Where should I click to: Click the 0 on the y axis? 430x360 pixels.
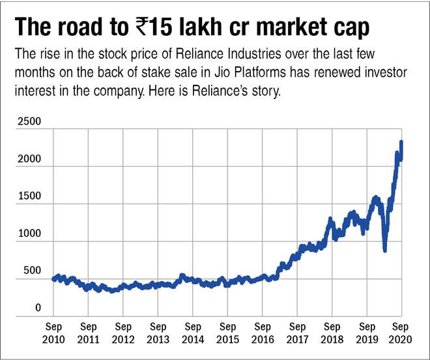(x=38, y=308)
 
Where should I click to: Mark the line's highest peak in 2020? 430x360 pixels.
(x=401, y=142)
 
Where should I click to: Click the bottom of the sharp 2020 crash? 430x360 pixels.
(x=385, y=250)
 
